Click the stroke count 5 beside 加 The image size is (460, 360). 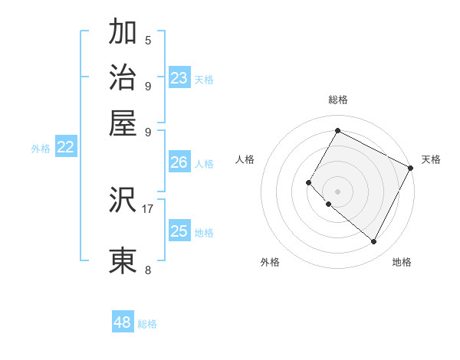coord(148,41)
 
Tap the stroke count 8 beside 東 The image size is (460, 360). coord(148,270)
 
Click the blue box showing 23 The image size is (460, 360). coord(179,78)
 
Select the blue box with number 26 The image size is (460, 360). coord(179,162)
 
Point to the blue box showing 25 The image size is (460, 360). coord(179,231)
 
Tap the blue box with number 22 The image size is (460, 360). coord(65,148)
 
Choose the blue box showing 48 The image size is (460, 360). coord(123,322)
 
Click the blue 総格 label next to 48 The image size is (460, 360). coord(147,324)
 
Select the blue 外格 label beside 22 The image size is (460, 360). coord(41,149)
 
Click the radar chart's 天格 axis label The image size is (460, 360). coord(431,159)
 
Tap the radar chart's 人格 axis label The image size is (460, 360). coord(245,159)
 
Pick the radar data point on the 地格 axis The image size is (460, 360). coord(374,242)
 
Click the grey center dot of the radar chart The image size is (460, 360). coord(337,191)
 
